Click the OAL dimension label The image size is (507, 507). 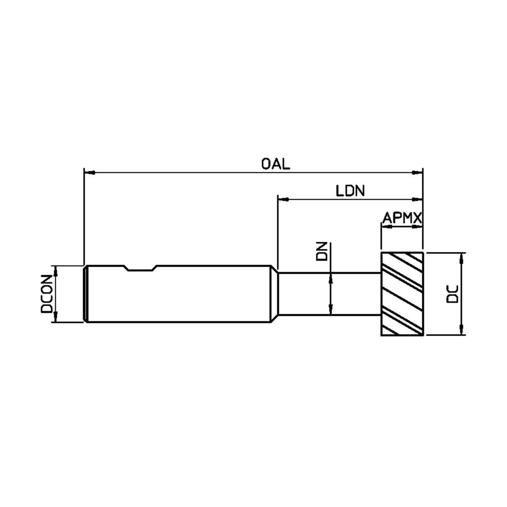point(276,164)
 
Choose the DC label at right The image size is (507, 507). point(453,294)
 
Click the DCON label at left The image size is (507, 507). point(47,294)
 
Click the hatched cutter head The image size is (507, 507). point(402,294)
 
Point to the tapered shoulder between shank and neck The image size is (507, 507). point(274,294)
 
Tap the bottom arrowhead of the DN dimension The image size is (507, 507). point(331,310)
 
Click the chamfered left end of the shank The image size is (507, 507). point(86,294)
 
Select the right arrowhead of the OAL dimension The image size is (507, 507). point(418,173)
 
